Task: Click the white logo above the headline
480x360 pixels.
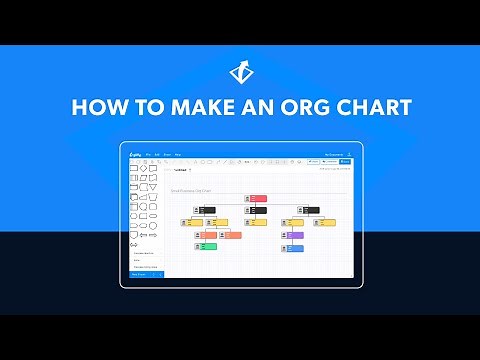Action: [x=240, y=72]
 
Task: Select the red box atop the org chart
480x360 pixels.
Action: [x=258, y=199]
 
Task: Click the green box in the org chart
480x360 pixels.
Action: [x=207, y=246]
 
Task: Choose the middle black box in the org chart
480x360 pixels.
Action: [x=257, y=210]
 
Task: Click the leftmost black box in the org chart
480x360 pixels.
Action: [x=206, y=210]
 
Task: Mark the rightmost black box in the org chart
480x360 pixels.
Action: [x=310, y=210]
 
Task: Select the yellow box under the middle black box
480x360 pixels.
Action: [x=257, y=222]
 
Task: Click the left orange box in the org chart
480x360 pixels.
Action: [x=207, y=234]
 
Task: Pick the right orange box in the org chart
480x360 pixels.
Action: [x=231, y=234]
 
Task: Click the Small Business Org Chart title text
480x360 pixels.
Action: [x=190, y=189]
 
